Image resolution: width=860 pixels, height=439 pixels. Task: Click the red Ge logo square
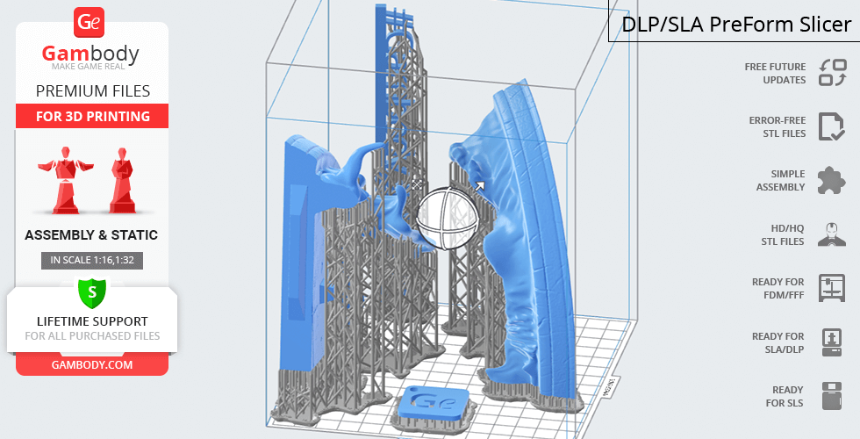tap(89, 23)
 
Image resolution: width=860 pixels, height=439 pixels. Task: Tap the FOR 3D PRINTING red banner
tap(92, 116)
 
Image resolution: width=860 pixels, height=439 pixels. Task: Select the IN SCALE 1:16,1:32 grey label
tap(92, 260)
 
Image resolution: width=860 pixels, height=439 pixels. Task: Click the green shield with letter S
tap(92, 292)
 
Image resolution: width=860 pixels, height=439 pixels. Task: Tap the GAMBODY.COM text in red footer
tap(92, 365)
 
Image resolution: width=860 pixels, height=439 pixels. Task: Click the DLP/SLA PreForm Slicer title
tap(736, 25)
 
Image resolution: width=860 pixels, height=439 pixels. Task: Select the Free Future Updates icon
tap(833, 73)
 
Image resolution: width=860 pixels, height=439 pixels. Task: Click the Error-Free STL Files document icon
tap(832, 126)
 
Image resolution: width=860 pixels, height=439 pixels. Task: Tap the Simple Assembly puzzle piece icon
tap(832, 181)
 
